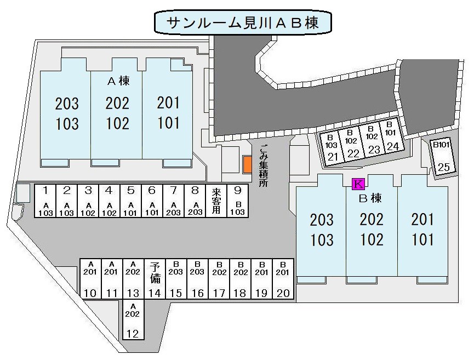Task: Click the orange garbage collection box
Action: click(247, 164)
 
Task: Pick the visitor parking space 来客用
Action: click(216, 201)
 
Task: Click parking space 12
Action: click(132, 321)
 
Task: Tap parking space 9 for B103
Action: click(237, 201)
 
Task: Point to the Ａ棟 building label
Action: click(117, 82)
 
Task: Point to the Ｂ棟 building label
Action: click(370, 197)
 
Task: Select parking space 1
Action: click(46, 201)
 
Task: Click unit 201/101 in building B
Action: click(422, 230)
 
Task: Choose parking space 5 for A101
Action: click(130, 201)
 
